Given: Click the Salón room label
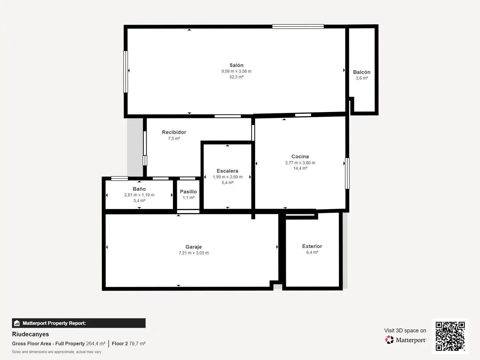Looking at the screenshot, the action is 236,65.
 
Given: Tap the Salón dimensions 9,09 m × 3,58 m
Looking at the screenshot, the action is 236,71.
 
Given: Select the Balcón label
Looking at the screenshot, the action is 362,72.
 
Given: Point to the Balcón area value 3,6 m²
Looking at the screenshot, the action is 362,78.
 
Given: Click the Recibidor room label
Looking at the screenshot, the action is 174,132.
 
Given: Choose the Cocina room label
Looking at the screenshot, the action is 300,157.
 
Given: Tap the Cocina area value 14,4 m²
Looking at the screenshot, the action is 300,168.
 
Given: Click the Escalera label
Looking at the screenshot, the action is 227,171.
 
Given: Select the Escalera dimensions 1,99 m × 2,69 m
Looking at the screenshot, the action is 227,177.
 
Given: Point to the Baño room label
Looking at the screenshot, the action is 139,189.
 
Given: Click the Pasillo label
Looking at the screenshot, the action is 188,192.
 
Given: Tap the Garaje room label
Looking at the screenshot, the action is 194,247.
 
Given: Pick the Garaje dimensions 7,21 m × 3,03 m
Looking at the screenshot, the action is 194,253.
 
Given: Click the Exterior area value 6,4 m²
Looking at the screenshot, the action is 312,252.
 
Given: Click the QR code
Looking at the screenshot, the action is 450,336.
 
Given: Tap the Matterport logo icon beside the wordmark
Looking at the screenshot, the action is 389,340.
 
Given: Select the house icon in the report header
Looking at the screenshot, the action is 17,323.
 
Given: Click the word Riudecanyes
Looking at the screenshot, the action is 30,334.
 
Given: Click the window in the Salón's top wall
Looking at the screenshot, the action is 298,27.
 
